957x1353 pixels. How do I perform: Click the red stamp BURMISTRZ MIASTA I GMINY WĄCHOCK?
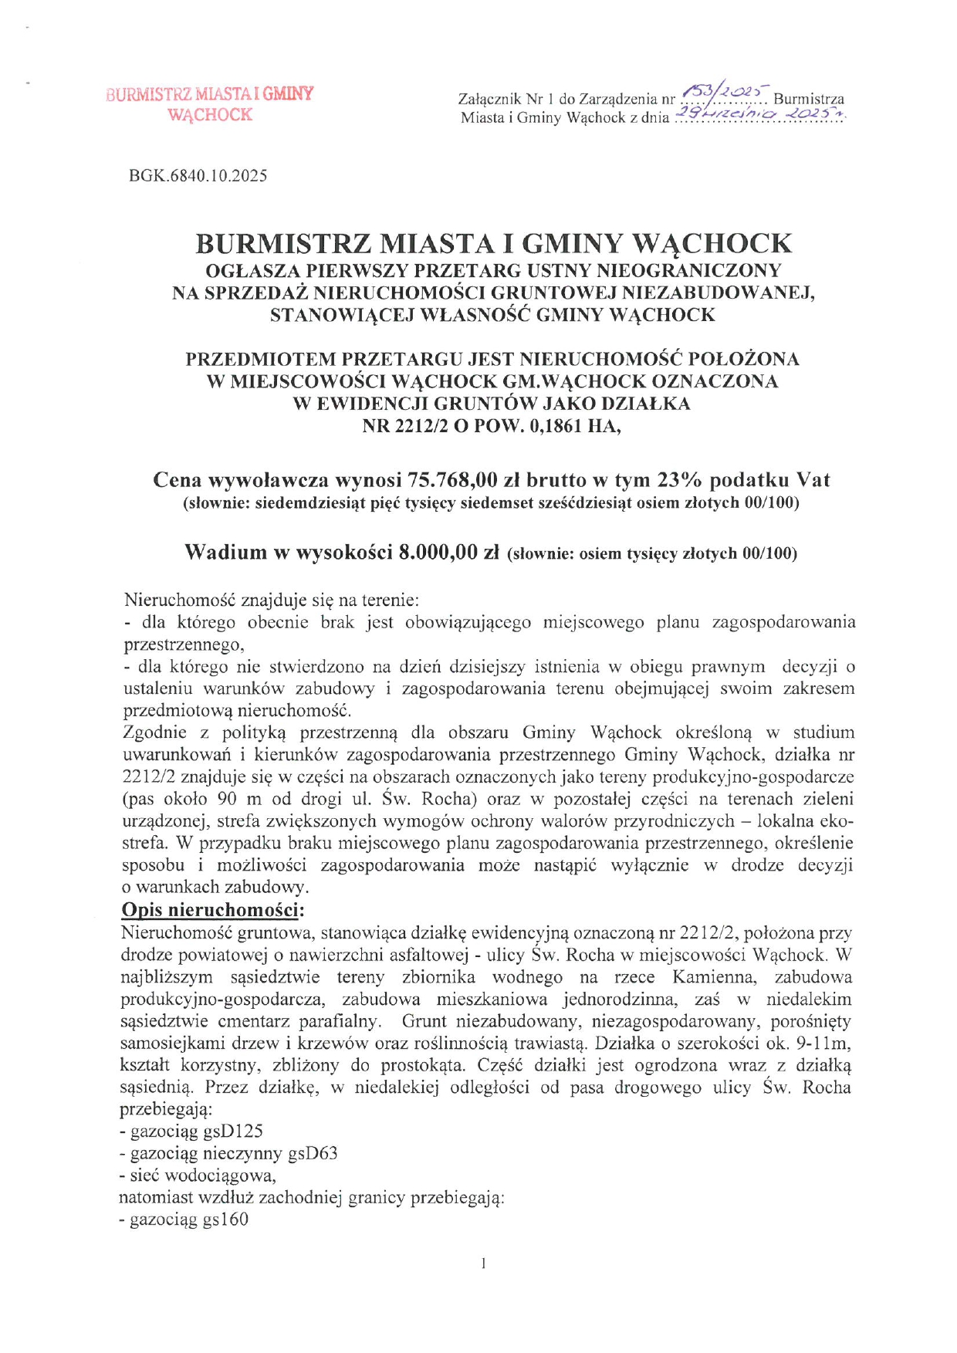pyautogui.click(x=210, y=104)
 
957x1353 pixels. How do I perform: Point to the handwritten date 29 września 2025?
pyautogui.click(x=759, y=115)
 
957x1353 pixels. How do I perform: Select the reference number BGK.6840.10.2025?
pyautogui.click(x=198, y=176)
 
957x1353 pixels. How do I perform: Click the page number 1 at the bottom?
pyautogui.click(x=483, y=1263)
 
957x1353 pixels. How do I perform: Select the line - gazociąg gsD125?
pyautogui.click(x=191, y=1131)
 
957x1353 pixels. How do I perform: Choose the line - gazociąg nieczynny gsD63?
pyautogui.click(x=228, y=1154)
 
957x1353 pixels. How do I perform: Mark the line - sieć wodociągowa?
pyautogui.click(x=198, y=1176)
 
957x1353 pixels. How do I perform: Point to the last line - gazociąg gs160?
pyautogui.click(x=184, y=1220)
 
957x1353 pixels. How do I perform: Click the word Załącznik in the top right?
pyautogui.click(x=489, y=100)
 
